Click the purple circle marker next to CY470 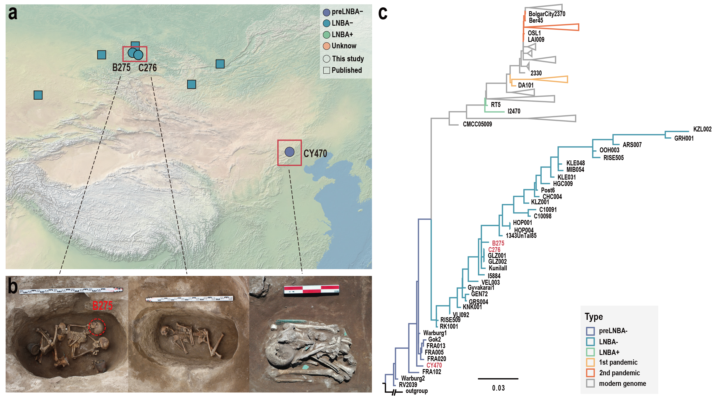(x=289, y=152)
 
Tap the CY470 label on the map (x=315, y=154)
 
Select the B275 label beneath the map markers (x=121, y=68)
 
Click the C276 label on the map (x=148, y=68)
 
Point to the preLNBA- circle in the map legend (x=326, y=12)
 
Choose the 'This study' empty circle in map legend (x=327, y=59)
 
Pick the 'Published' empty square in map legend (x=327, y=70)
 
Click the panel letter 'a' (x=13, y=13)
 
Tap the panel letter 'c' (x=383, y=14)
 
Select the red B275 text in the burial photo (x=102, y=306)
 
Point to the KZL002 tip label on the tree (x=702, y=129)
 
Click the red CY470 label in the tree (x=434, y=365)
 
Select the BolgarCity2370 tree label (x=547, y=14)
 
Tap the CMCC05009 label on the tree (x=477, y=124)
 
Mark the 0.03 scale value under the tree (x=498, y=388)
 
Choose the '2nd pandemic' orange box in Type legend (x=590, y=373)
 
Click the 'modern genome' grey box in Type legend (x=590, y=383)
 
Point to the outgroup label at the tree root (x=417, y=391)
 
